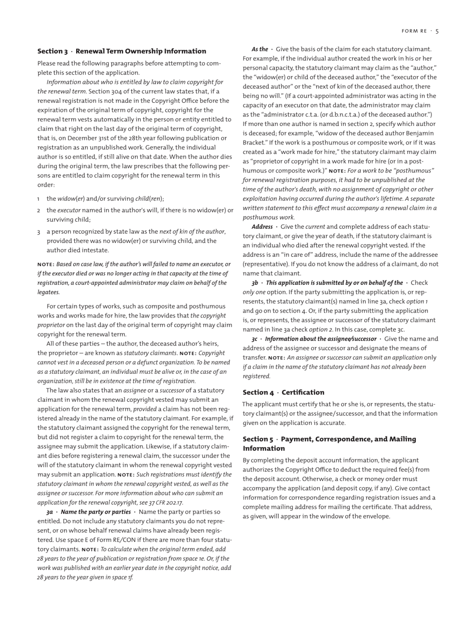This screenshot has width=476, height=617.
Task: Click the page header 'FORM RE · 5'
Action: (420, 31)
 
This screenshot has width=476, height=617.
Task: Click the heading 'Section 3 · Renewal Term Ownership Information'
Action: (122, 51)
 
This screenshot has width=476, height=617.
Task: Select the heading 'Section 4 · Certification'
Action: (283, 392)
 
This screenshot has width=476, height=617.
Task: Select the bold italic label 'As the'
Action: (260, 49)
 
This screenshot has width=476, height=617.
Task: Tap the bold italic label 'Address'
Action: (262, 227)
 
